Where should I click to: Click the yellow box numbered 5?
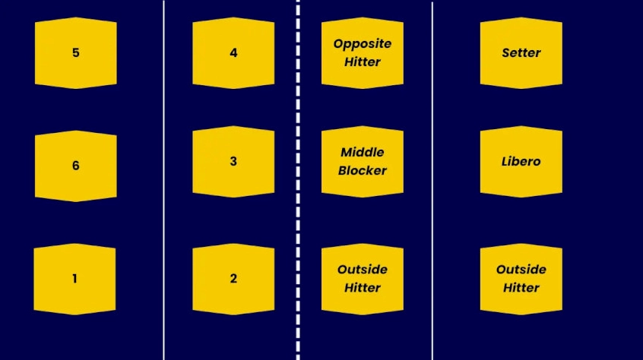pos(76,53)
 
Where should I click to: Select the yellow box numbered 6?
pos(76,166)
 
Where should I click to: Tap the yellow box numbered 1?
pos(74,279)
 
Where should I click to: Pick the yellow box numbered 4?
pos(233,53)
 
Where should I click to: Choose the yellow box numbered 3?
pos(233,161)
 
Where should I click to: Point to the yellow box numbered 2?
pos(233,279)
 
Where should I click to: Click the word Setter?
pos(521,53)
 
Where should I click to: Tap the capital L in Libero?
pos(505,161)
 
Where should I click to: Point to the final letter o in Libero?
pos(537,163)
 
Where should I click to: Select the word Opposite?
pos(363,44)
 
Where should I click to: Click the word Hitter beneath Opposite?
pos(363,62)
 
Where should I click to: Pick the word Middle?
pos(363,153)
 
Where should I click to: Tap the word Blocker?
pos(363,170)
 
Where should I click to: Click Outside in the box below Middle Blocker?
pos(363,270)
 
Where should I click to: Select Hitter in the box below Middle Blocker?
pos(363,288)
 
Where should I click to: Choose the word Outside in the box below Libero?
pos(521,270)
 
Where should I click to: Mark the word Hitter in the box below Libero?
pos(521,288)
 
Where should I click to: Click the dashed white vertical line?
pos(298,180)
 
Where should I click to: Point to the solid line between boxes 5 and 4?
pos(164,180)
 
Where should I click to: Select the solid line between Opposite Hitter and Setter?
pos(432,180)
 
